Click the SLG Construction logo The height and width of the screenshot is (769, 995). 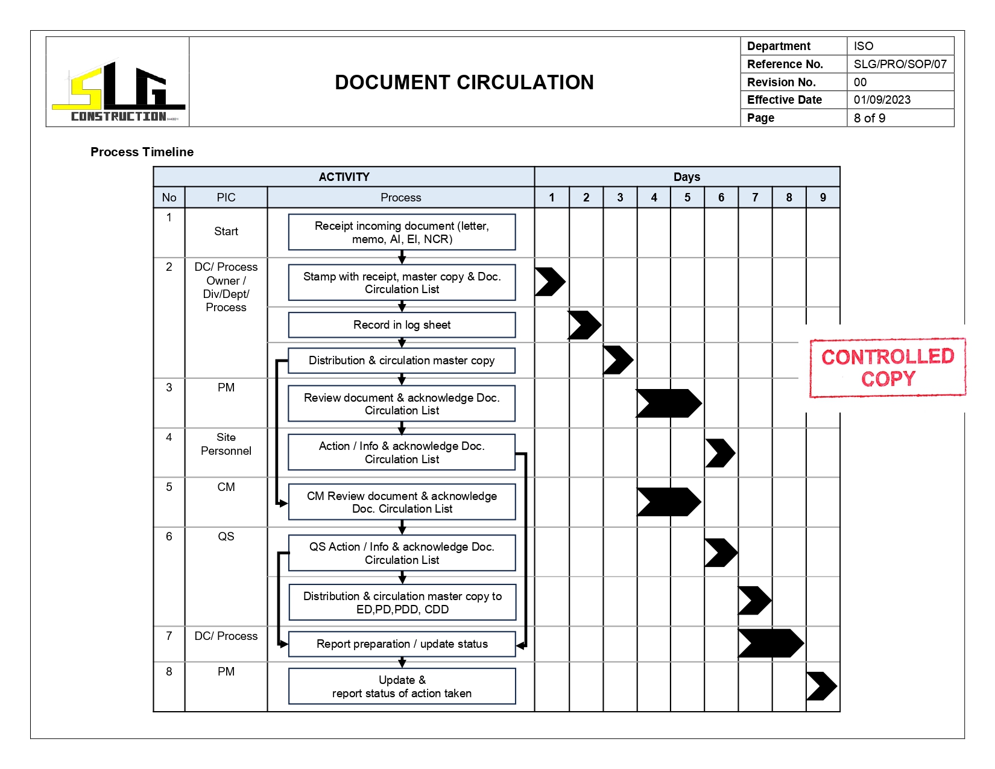[x=118, y=90]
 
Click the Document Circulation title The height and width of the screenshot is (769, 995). [x=464, y=83]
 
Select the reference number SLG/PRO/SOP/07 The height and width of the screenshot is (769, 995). [x=900, y=64]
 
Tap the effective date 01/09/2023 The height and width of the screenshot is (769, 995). [x=882, y=100]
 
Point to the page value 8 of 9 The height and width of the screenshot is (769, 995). [x=869, y=118]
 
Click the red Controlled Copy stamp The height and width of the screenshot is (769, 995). [x=887, y=367]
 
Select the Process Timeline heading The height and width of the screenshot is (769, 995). [x=142, y=152]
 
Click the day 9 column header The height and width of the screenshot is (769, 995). [x=823, y=197]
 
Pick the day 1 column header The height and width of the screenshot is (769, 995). [x=551, y=197]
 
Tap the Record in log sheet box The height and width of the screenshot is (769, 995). [x=402, y=325]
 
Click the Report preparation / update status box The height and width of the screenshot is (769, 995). [x=402, y=644]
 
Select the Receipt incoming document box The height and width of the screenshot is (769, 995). [x=402, y=232]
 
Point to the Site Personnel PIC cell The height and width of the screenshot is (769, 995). [x=226, y=444]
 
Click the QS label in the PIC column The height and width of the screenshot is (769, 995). [x=226, y=536]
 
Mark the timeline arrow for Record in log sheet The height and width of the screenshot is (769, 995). [x=584, y=325]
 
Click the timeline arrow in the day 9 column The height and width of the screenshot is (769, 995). [x=821, y=686]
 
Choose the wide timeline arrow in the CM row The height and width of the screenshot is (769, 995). [x=668, y=502]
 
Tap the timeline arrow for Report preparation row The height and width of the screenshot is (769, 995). [x=770, y=644]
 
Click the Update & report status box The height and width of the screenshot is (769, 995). [x=402, y=686]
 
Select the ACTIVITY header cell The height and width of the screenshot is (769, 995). [x=344, y=177]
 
